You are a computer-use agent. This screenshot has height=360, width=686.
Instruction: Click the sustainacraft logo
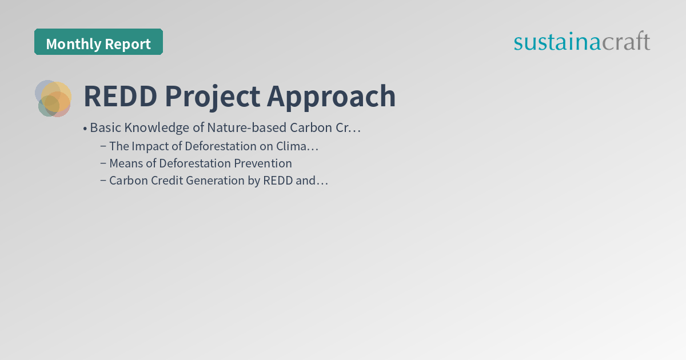point(581,42)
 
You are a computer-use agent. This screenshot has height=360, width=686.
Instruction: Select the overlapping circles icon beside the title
point(53,98)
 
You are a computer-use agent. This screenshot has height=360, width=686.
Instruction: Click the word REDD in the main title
point(121,97)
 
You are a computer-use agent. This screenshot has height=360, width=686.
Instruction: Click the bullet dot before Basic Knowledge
point(85,128)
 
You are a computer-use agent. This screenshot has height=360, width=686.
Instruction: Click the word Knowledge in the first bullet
point(153,127)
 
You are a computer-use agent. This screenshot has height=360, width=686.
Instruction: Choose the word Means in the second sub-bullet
point(126,163)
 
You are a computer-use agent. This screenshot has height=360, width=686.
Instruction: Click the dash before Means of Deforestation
point(103,163)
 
